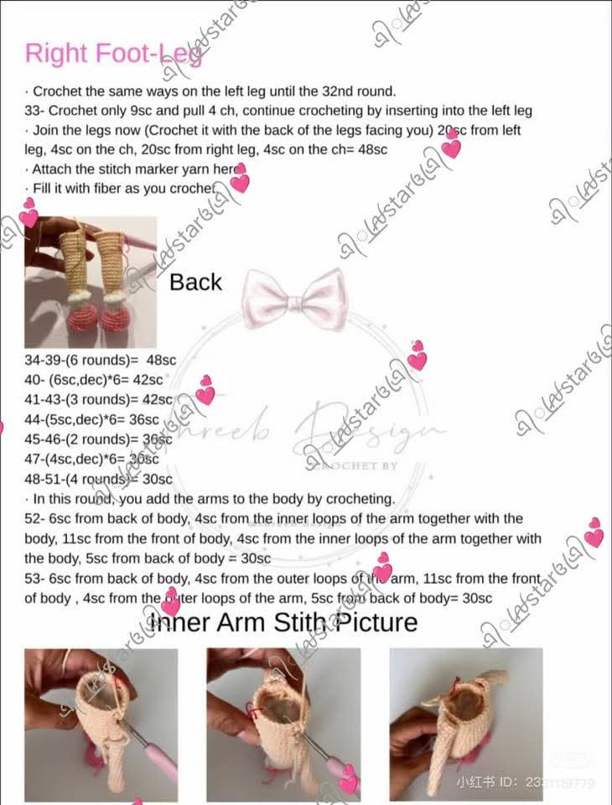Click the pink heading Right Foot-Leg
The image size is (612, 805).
click(x=113, y=53)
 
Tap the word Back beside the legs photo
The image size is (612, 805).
click(x=195, y=283)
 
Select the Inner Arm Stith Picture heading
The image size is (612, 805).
click(x=283, y=622)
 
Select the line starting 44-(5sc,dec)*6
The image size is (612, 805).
click(x=92, y=419)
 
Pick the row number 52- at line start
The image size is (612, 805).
click(x=34, y=519)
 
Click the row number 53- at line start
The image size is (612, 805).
click(x=34, y=579)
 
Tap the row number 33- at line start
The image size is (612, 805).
click(x=34, y=111)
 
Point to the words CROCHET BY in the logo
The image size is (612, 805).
click(x=357, y=465)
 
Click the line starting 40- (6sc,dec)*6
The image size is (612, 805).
click(x=94, y=380)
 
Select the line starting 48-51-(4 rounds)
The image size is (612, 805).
click(x=98, y=480)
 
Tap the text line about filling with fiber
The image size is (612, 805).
click(x=122, y=189)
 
